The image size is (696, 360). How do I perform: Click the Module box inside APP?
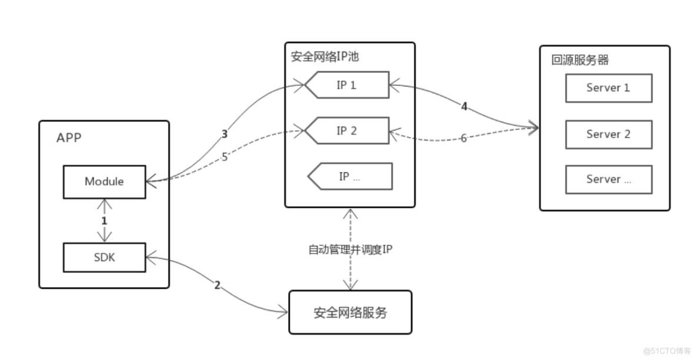(104, 181)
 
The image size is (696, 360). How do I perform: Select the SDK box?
(104, 256)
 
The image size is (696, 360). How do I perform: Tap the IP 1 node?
(347, 85)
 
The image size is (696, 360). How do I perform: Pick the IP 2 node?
(347, 131)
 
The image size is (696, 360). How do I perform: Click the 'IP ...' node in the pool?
(350, 176)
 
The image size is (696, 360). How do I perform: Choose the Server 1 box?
(608, 88)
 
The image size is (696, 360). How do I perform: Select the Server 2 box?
(608, 134)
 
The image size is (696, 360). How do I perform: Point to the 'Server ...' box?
(608, 179)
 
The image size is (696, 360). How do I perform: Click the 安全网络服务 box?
(350, 312)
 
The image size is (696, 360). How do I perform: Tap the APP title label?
(69, 138)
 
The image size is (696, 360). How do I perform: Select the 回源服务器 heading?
(572, 61)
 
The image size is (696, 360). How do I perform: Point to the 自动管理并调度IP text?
(350, 249)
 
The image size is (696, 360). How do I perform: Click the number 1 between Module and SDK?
(105, 221)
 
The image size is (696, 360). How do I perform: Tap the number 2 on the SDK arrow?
(217, 285)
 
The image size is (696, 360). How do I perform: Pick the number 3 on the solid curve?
(224, 134)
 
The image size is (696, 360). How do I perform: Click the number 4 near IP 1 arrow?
(464, 106)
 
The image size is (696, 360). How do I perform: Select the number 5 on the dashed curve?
(224, 156)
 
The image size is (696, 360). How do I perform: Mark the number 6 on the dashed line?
(464, 138)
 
